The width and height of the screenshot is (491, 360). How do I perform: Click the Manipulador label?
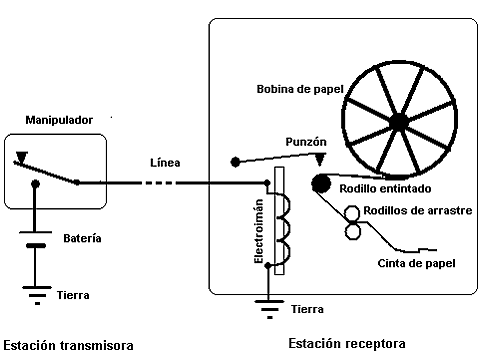[x=59, y=120]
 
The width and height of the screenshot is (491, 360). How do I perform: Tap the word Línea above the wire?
[x=165, y=162]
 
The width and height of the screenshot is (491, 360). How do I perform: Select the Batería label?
[x=82, y=238]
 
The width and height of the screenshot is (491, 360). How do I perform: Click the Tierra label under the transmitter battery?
[x=73, y=295]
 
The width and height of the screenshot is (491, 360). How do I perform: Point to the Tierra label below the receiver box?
[x=307, y=309]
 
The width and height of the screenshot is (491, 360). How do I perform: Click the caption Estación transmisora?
[x=68, y=345]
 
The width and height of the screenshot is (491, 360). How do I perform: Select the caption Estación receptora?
[x=347, y=343]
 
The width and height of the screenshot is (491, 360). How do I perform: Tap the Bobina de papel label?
[x=300, y=89]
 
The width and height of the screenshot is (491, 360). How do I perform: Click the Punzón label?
[x=306, y=142]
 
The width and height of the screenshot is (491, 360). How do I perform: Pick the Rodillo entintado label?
[x=385, y=189]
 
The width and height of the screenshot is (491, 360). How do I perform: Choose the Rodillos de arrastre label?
[x=417, y=210]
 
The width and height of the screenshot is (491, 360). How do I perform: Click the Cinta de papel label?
[x=416, y=263]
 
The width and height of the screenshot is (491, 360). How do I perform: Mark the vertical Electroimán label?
[x=259, y=231]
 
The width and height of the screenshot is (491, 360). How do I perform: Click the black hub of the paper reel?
[x=399, y=123]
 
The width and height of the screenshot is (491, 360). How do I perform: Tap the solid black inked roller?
[x=321, y=183]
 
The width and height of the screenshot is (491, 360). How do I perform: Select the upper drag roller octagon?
[x=352, y=213]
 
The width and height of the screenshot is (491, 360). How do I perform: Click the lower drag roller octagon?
[x=352, y=231]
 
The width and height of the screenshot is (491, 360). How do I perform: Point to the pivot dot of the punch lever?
[x=235, y=162]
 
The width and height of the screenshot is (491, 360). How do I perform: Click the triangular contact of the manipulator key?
[x=22, y=157]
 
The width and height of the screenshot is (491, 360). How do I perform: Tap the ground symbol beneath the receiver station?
[x=269, y=309]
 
